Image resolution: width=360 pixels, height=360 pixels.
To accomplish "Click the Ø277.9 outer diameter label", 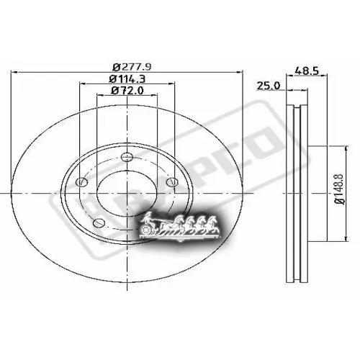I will tap(126, 66).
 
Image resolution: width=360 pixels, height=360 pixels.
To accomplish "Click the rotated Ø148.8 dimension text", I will tap(339, 194).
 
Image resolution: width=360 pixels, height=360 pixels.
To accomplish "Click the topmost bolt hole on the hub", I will tap(127, 158).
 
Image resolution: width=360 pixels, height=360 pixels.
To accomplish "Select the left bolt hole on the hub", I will tap(81, 183).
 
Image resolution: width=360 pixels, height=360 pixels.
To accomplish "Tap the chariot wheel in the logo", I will tap(149, 231).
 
